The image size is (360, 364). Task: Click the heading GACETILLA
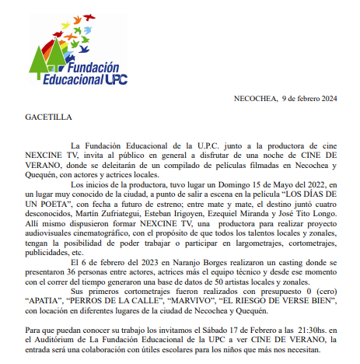(46, 117)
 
